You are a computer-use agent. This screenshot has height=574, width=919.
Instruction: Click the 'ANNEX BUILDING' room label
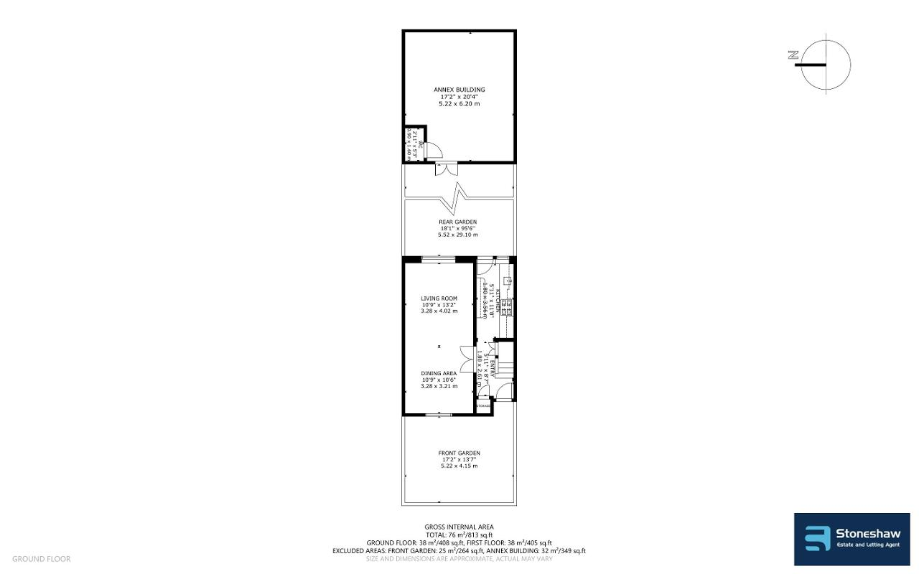(459, 90)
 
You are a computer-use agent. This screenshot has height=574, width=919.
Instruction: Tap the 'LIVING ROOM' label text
(439, 298)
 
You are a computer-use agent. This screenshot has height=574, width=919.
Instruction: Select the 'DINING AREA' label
(439, 373)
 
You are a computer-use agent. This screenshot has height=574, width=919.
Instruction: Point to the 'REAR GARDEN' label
(457, 222)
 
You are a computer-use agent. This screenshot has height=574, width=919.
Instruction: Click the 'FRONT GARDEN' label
(459, 453)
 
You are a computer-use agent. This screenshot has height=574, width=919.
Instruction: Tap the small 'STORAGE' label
(483, 406)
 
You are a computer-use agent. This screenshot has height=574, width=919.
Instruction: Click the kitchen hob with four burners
(505, 307)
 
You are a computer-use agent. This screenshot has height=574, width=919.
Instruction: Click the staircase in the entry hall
(506, 363)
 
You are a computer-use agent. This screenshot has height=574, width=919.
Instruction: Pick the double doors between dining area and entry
(467, 359)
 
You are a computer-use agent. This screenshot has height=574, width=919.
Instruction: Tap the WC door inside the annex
(433, 150)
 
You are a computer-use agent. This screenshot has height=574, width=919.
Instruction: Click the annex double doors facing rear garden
(446, 169)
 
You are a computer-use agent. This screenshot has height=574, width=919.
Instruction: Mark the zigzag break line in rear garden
(458, 192)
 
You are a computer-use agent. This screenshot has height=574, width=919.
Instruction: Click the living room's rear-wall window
(437, 258)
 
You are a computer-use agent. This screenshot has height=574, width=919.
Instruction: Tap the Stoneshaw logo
(852, 539)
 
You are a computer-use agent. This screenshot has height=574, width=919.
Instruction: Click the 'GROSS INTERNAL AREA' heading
(459, 527)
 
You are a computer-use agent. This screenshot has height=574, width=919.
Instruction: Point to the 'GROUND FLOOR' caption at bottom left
(41, 559)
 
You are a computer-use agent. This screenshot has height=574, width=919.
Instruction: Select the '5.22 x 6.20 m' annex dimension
(459, 104)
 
